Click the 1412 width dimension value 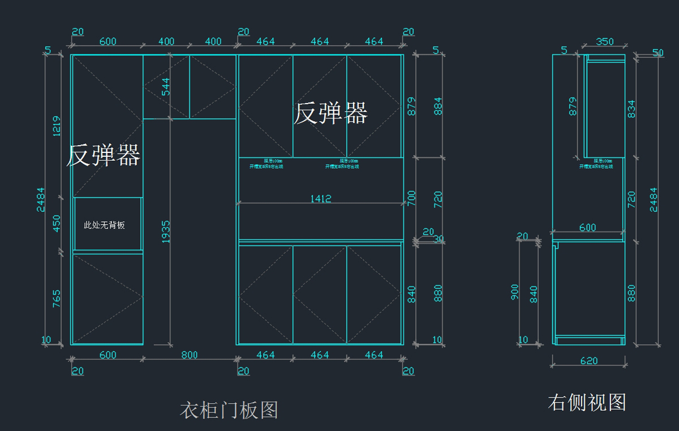click(x=320, y=199)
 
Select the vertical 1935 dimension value click(x=166, y=232)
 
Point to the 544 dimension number click(x=166, y=86)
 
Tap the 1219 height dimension click(x=57, y=126)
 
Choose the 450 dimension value click(x=57, y=224)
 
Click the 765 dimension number click(x=57, y=298)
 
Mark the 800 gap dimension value click(x=189, y=355)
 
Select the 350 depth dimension click(x=605, y=41)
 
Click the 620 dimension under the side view click(x=588, y=361)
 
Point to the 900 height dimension click(x=515, y=292)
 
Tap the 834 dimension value click(x=631, y=109)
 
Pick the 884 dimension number click(x=438, y=106)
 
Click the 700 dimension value click(x=412, y=198)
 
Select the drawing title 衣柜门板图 click(x=229, y=410)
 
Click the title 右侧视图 click(x=587, y=403)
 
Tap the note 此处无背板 click(x=104, y=225)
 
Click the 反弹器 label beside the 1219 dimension click(x=104, y=155)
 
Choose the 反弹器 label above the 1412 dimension click(x=330, y=113)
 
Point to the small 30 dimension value click(x=439, y=239)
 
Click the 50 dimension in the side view click(x=657, y=53)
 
